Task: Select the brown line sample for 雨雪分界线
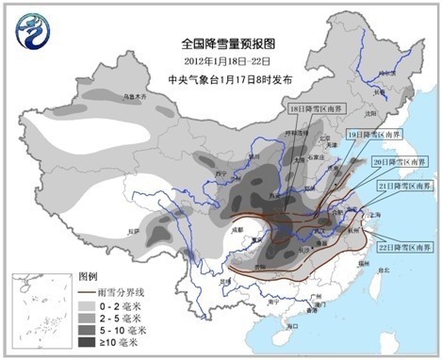(87, 293)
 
